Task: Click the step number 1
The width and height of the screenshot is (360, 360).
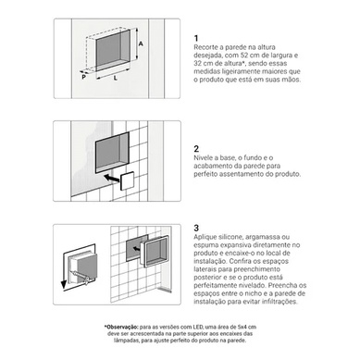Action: (x=196, y=38)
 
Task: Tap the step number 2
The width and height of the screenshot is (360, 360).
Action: (x=196, y=149)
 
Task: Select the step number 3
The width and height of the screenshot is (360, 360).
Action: (x=196, y=228)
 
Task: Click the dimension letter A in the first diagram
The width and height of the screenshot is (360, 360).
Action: (x=141, y=43)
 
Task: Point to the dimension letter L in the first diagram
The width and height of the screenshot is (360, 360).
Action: (x=116, y=78)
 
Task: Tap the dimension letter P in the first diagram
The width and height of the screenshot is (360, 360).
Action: (x=83, y=77)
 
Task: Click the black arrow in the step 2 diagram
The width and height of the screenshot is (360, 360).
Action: (x=112, y=179)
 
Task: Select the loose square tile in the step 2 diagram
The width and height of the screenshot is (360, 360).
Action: (x=127, y=181)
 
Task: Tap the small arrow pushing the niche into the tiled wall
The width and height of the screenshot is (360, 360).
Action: (x=136, y=248)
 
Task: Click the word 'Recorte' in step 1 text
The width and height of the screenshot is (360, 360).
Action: (x=205, y=47)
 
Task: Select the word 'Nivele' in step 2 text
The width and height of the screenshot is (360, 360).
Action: (x=203, y=157)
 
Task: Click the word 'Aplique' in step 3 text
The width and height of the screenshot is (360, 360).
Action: (x=205, y=237)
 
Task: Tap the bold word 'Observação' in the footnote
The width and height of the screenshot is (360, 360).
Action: (x=122, y=327)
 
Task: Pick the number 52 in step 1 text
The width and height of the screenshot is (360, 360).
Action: (x=243, y=56)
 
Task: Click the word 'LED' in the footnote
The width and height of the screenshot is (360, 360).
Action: (x=198, y=327)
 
